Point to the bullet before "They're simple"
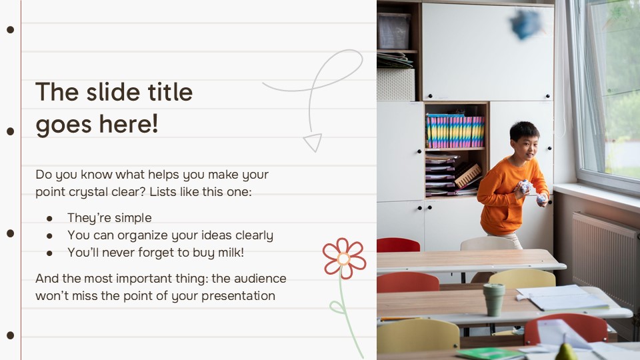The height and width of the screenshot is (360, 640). pyautogui.click(x=49, y=219)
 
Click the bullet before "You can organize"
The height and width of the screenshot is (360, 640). pyautogui.click(x=49, y=236)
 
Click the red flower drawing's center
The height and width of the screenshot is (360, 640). pyautogui.click(x=344, y=259)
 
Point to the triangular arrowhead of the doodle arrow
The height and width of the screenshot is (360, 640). pyautogui.click(x=312, y=142)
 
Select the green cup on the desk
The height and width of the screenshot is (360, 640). pyautogui.click(x=494, y=299)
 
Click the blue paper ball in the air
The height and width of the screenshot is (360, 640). pyautogui.click(x=525, y=24)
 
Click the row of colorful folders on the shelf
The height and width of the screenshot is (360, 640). pyautogui.click(x=455, y=131)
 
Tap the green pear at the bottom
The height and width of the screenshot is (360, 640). pyautogui.click(x=565, y=351)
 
